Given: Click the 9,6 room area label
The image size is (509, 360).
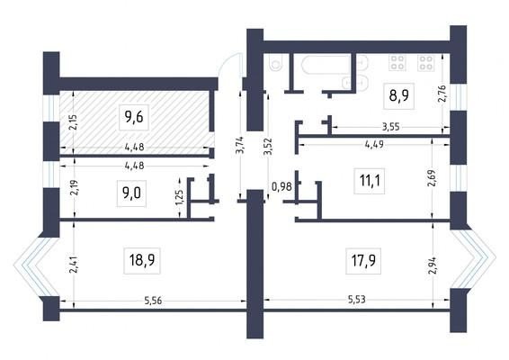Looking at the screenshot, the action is point(134,117).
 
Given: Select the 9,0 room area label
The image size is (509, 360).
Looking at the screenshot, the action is point(131,193).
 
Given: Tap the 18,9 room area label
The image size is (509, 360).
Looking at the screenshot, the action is point(142,260).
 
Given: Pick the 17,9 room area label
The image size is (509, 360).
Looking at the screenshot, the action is point(363,261).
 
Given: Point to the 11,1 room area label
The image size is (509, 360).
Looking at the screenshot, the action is point(370,181).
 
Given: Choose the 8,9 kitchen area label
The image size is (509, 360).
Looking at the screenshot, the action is point(399,95).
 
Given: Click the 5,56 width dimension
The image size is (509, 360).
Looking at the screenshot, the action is point(153,301).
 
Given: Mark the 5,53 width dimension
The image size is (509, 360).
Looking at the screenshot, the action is point(357,299).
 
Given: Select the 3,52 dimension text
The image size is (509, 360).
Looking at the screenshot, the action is point(268,147).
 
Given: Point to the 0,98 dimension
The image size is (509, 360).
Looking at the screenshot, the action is point(281,187).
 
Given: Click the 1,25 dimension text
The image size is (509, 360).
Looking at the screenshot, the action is point(179,197).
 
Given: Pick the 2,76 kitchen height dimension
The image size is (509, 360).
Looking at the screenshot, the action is point(442,94).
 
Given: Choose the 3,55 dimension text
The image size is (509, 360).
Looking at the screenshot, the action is point(390,127).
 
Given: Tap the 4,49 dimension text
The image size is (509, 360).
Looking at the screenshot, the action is point(374,144).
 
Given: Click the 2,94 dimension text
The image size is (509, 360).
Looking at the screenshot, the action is point(432,265).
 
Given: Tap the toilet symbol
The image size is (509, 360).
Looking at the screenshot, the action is point(275,64).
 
